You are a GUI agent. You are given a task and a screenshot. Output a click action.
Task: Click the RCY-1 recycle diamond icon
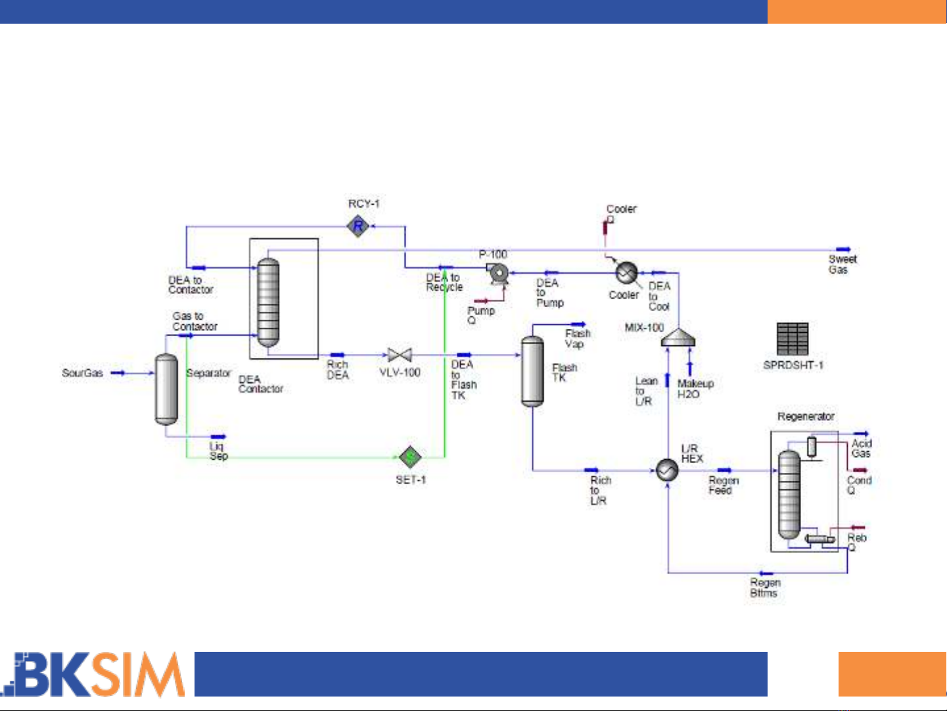tap(358, 227)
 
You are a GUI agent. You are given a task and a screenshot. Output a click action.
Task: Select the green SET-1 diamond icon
tap(410, 456)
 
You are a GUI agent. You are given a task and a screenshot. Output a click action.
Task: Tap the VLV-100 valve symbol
tap(400, 355)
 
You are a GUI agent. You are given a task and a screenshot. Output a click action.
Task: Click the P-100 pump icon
tap(498, 272)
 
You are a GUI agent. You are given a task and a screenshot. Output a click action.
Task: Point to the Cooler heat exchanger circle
tap(626, 272)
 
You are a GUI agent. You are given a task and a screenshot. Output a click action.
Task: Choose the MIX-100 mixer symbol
tap(678, 338)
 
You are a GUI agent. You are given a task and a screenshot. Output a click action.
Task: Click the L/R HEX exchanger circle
tap(667, 470)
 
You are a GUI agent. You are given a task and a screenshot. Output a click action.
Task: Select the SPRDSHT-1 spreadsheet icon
tap(792, 339)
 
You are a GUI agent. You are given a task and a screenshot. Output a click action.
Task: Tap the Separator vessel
tap(166, 389)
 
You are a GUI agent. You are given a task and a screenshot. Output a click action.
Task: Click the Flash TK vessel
tap(532, 372)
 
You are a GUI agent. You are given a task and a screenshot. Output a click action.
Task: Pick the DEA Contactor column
tap(267, 303)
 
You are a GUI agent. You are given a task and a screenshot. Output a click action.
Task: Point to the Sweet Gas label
tap(842, 264)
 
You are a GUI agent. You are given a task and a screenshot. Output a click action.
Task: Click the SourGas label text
tap(82, 373)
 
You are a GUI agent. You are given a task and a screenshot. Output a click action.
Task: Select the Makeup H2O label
tap(695, 389)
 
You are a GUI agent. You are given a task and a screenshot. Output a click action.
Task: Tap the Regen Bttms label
tap(765, 588)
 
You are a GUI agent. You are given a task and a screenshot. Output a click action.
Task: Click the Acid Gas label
tap(861, 449)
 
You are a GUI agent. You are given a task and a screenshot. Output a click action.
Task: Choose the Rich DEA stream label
tap(338, 370)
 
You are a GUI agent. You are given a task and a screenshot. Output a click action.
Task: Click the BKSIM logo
tap(93, 674)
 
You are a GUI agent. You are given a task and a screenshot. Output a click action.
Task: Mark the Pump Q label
tap(480, 315)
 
